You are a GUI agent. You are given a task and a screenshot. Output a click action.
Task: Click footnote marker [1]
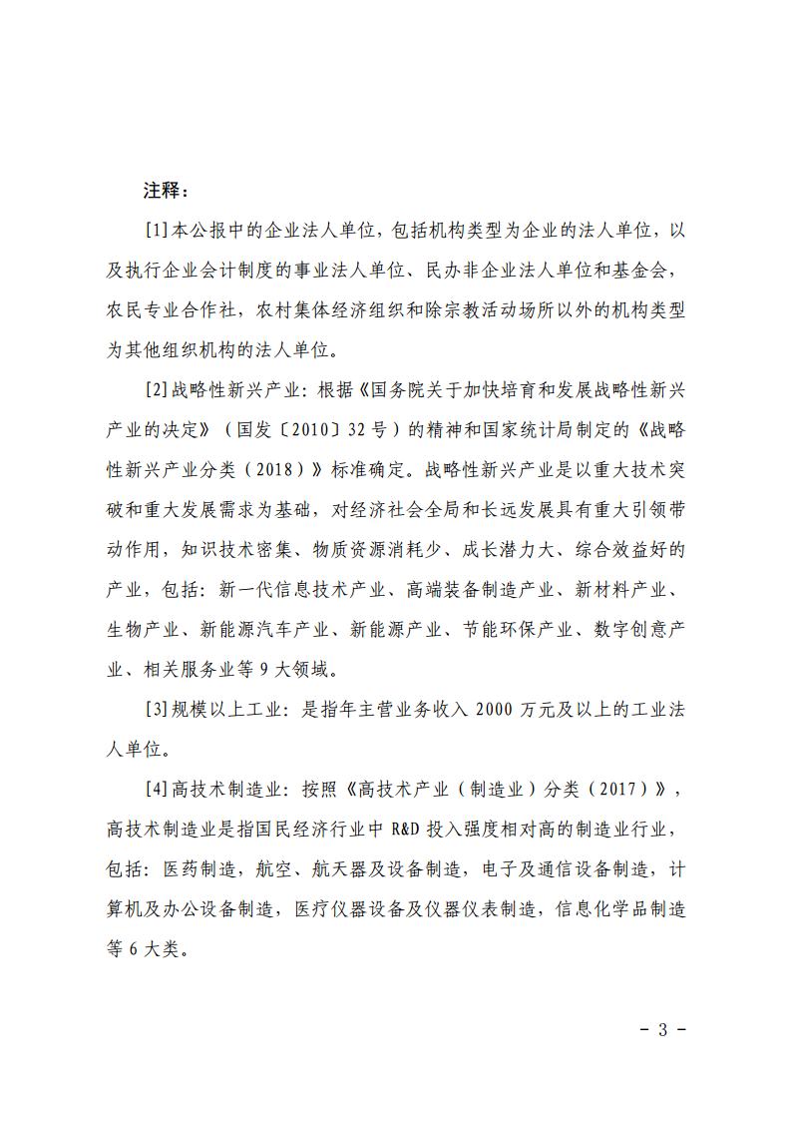coord(158,231)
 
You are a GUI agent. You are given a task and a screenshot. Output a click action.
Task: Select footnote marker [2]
coord(158,389)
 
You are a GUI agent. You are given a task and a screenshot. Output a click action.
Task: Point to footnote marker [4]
coord(158,790)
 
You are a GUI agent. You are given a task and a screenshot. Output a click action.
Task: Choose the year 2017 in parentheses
coord(631,790)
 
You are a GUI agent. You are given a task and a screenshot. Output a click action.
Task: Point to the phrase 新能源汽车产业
coord(260,629)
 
